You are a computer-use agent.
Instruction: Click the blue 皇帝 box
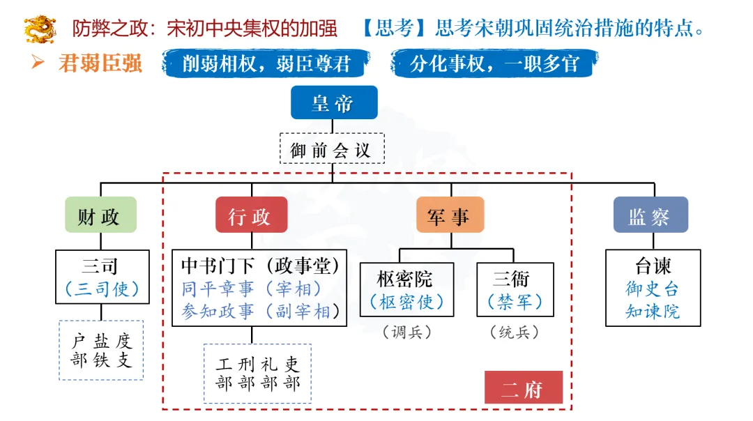(333, 103)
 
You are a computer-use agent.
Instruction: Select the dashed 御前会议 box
(331, 149)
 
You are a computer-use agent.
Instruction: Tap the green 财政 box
(100, 216)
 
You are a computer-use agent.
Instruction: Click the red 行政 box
(251, 216)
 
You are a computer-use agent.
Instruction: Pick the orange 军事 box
(450, 216)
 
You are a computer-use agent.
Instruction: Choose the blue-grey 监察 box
(650, 216)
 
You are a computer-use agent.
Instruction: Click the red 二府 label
(523, 389)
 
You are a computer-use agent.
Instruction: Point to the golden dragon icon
(39, 29)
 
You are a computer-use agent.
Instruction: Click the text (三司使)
(102, 288)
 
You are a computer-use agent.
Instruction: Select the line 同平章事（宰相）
(252, 288)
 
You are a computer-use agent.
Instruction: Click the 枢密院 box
(406, 289)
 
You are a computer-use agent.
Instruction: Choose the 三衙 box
(515, 289)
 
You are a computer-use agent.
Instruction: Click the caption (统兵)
(515, 333)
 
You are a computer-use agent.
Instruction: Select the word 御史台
(652, 289)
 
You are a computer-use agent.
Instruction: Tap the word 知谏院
(652, 311)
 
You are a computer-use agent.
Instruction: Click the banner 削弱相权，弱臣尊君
(266, 64)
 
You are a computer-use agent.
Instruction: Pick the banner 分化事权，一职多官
(494, 64)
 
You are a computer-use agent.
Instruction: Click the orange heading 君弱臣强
(101, 64)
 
